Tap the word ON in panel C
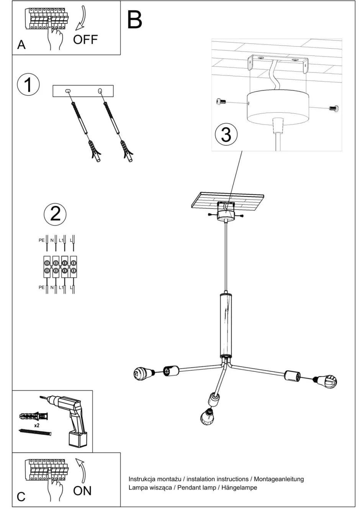82,490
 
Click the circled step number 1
28,84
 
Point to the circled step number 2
55,213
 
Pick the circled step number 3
226,134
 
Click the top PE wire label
41,241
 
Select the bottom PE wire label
41,287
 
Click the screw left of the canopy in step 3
221,102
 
